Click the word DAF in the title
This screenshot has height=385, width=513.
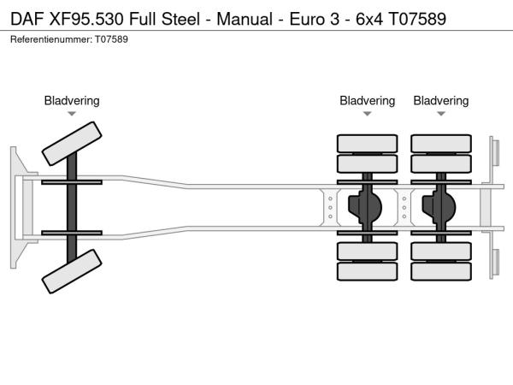coord(27,18)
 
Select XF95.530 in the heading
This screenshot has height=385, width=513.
coord(89,18)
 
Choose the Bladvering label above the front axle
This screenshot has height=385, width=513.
coord(72,101)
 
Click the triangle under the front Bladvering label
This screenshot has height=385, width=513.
coord(72,114)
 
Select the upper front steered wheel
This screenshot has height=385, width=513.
coord(73,142)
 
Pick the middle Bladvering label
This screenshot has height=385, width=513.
coord(367,101)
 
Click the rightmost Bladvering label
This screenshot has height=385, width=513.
coord(441,101)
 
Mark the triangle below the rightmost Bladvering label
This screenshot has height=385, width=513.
coord(441,114)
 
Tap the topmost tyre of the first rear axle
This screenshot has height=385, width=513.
coord(367,143)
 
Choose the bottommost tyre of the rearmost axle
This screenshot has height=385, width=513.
coord(441,272)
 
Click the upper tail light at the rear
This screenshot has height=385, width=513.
coord(494,152)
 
